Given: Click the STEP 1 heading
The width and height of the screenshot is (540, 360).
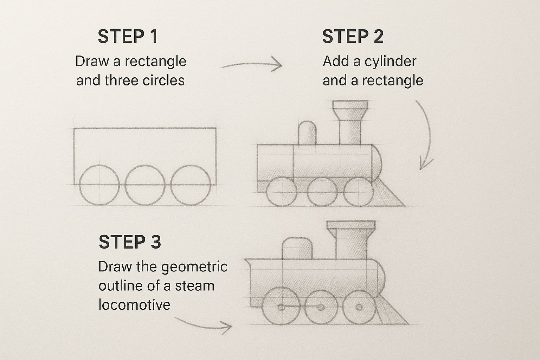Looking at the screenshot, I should pyautogui.click(x=128, y=37).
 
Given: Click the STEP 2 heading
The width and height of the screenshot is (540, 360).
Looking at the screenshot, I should pyautogui.click(x=353, y=37).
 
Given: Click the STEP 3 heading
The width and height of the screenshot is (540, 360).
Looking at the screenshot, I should pyautogui.click(x=130, y=242).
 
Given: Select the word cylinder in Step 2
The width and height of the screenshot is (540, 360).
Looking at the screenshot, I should pyautogui.click(x=390, y=62).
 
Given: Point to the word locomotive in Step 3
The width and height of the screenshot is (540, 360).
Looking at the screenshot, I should pyautogui.click(x=134, y=304).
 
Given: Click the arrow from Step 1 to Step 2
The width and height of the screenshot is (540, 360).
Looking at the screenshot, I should pyautogui.click(x=252, y=65).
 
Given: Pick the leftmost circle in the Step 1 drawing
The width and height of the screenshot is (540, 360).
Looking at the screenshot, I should pyautogui.click(x=100, y=185).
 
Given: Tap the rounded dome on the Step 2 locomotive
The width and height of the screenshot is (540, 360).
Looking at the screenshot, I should pyautogui.click(x=307, y=133).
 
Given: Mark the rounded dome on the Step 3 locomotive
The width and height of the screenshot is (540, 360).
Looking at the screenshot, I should pyautogui.click(x=297, y=249).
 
